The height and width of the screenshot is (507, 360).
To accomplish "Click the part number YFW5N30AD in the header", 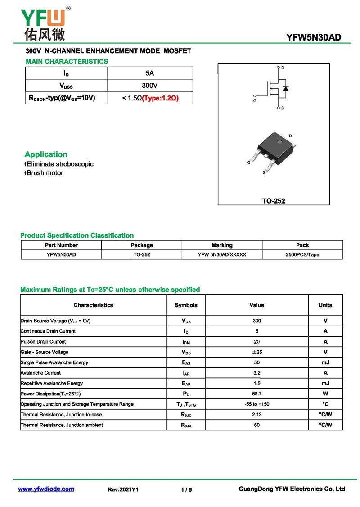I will tap(314, 38).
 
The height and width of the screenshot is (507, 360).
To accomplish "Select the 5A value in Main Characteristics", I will tap(150, 73).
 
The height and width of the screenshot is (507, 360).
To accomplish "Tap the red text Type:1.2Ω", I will tap(161, 98).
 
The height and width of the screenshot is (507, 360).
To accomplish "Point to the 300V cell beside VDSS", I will tap(150, 85).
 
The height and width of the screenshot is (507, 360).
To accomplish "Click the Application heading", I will tap(46, 154).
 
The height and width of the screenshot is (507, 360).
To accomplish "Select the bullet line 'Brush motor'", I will tap(45, 173).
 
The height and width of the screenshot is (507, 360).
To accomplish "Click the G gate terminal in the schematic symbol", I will tap(255, 96).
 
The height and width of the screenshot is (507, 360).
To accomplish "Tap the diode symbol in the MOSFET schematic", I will tap(286, 88).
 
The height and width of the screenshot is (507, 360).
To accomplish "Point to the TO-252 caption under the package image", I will tap(274, 201).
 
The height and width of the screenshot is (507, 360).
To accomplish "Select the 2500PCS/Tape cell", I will tap(302, 254).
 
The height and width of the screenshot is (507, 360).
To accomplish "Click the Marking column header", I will tap(222, 245).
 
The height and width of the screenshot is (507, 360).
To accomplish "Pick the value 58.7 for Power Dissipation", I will tap(256, 394).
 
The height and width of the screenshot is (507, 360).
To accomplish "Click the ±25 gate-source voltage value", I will tap(256, 352).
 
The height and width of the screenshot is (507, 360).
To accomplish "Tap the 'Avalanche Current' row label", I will tap(41, 373).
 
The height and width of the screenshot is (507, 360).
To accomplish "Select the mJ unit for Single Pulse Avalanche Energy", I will tap(325, 362).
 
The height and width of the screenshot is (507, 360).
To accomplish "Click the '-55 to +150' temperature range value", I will tap(256, 404).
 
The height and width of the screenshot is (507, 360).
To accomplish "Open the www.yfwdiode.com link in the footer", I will tap(46, 489).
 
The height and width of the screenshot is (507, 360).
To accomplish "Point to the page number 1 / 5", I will tap(186, 489).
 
